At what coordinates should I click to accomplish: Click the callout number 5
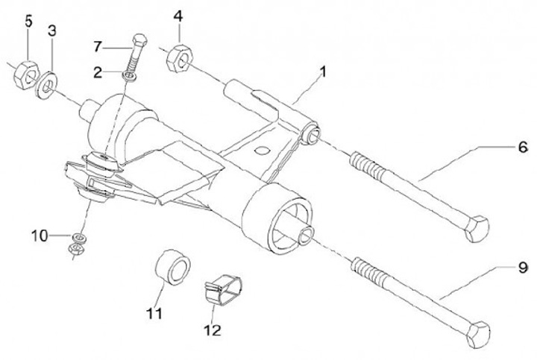coord(28,20)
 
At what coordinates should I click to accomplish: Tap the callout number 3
coord(51,31)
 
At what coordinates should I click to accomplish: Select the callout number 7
coord(97,47)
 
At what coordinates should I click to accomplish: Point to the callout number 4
coord(178,16)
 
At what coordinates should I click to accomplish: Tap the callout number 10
coord(40,236)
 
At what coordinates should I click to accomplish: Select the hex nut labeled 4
coord(178,58)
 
